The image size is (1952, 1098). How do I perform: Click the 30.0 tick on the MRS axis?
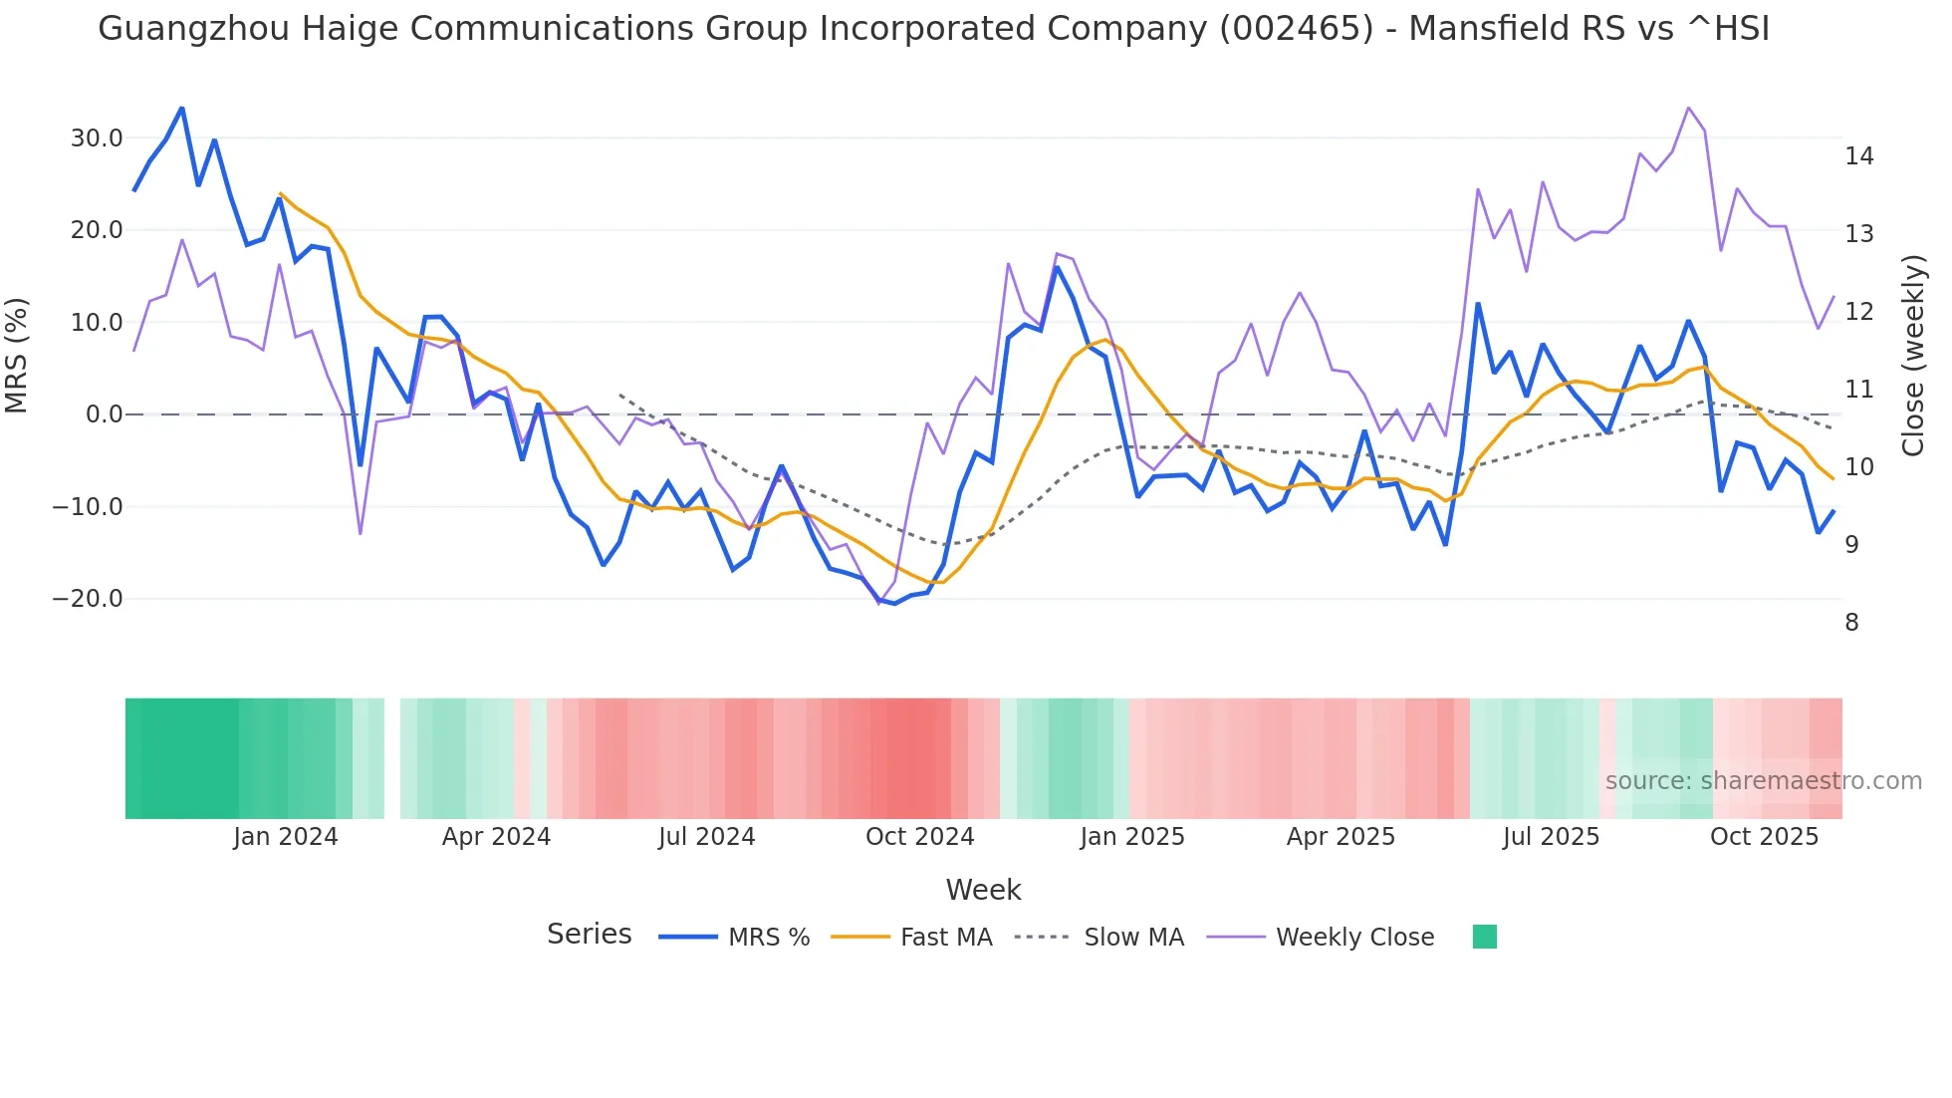[x=96, y=138]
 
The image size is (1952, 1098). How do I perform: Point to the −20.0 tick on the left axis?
[x=88, y=599]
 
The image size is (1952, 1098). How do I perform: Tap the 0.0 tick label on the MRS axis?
[x=104, y=414]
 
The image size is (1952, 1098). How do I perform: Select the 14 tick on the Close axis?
[x=1858, y=156]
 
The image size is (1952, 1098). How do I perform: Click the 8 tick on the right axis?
[x=1851, y=623]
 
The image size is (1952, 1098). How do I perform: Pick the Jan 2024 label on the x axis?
[x=286, y=837]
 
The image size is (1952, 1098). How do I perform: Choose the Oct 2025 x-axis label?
[x=1764, y=837]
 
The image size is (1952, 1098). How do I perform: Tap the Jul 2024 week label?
[x=706, y=837]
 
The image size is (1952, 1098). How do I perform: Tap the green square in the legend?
[x=1484, y=937]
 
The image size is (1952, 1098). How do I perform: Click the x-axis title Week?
[x=983, y=890]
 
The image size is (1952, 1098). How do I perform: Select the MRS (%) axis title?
[x=17, y=356]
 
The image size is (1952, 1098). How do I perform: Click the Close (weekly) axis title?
[x=1912, y=356]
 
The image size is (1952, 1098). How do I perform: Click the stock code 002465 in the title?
[x=1296, y=29]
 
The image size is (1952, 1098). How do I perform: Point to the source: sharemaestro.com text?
[x=1763, y=781]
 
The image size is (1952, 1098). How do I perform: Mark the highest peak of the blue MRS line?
[x=182, y=109]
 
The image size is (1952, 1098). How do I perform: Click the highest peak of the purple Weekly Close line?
[x=1688, y=108]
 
